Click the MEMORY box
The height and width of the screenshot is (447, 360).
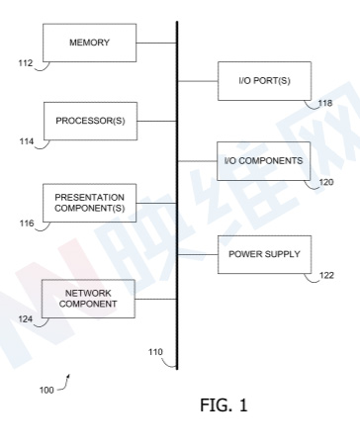tap(90, 43)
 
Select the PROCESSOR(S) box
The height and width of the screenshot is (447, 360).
tap(91, 121)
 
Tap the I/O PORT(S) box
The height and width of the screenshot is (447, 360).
tap(264, 81)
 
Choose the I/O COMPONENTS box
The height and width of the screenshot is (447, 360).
tap(263, 161)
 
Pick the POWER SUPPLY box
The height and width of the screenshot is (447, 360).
tap(264, 254)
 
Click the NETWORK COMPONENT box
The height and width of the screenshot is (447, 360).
tap(88, 299)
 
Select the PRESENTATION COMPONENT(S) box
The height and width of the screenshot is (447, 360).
tap(90, 203)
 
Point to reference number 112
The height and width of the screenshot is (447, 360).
tap(26, 63)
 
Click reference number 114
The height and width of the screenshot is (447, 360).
tap(27, 141)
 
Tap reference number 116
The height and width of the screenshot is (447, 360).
tap(27, 223)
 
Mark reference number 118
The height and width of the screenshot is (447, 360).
tap(325, 103)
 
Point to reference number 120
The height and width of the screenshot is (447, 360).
tap(326, 182)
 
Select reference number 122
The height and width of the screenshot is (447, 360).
tap(326, 275)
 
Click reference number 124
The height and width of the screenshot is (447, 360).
tap(26, 319)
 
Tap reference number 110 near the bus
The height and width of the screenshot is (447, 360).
tap(155, 352)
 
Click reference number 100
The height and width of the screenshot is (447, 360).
tap(46, 390)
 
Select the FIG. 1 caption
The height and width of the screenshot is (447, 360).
tap(224, 404)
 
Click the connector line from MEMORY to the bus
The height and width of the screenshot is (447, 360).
tap(156, 43)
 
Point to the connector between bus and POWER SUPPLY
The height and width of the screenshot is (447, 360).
tap(198, 254)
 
